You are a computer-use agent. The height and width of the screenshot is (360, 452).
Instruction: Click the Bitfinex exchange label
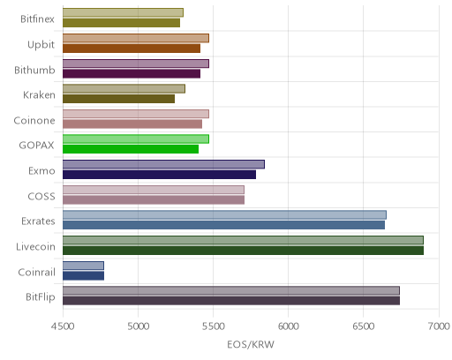pos(37,19)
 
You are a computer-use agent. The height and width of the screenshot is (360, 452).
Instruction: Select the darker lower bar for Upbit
pos(132,49)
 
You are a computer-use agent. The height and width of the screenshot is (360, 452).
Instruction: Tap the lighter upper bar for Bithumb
pos(136,64)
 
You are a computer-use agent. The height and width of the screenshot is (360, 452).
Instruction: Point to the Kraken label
pos(39,95)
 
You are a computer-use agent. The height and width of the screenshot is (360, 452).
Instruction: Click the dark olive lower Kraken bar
pos(118,99)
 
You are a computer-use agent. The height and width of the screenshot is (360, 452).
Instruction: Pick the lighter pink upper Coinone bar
pos(136,114)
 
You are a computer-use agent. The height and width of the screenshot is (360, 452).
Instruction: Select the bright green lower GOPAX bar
pos(131,149)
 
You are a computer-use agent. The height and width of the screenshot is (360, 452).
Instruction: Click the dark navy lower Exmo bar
pos(159,175)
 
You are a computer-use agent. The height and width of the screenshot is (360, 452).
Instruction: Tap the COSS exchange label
pos(41,197)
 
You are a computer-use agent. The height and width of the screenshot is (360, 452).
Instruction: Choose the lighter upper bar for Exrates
pos(224,214)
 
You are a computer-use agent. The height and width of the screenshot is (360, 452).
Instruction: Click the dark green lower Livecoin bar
pos(243,251)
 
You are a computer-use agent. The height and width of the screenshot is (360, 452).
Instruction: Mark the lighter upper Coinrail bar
pos(83,266)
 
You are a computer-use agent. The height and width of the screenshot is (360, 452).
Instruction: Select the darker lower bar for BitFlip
pos(231,301)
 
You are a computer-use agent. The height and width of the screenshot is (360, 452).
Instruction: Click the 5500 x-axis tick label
pos(214,326)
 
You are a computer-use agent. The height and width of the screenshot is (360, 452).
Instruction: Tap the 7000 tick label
pos(439,326)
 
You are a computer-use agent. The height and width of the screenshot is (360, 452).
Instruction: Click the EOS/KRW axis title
pos(251,344)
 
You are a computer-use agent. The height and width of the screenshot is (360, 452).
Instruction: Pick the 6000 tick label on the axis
pos(288,326)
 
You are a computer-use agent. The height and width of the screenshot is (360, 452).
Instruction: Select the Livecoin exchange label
pos(35,246)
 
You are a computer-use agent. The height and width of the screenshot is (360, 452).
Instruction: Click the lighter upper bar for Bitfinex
pos(123,12)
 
